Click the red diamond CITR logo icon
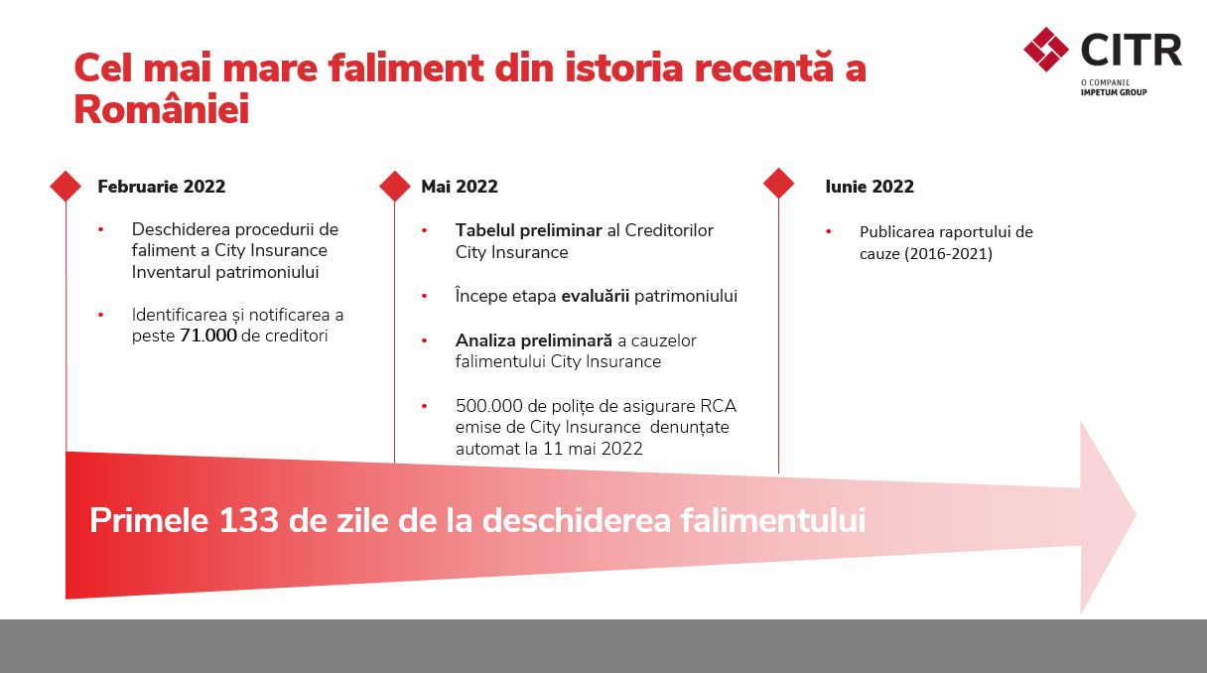tap(1046, 49)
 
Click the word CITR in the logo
tap(1131, 50)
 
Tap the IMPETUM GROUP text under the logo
tap(1114, 92)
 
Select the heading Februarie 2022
tap(161, 187)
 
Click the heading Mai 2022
tap(460, 187)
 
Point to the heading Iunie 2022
tap(870, 187)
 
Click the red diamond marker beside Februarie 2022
tap(66, 187)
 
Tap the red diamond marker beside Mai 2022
tap(395, 187)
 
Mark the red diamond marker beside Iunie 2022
tap(778, 184)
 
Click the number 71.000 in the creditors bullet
tap(208, 336)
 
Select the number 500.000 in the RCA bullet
tap(489, 406)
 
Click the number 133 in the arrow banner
tap(249, 520)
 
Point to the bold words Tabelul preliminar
tap(529, 230)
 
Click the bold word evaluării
tap(596, 296)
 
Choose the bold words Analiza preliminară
tap(534, 340)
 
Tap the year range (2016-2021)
tap(948, 254)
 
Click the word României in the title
tap(162, 109)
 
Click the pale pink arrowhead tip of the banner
tap(1136, 515)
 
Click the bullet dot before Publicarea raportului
tap(829, 231)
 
